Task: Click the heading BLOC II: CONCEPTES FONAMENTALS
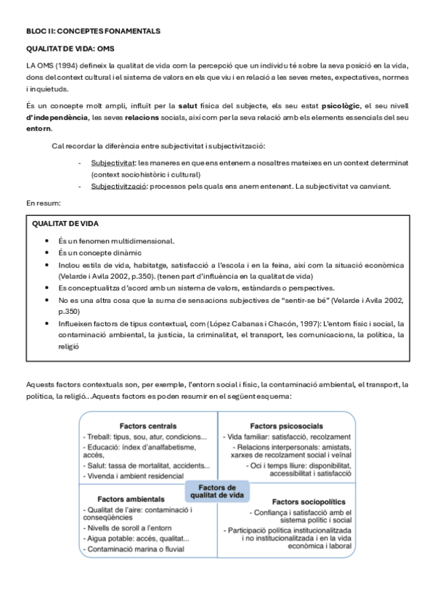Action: pyautogui.click(x=93, y=31)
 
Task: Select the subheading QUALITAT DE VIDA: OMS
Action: pyautogui.click(x=70, y=49)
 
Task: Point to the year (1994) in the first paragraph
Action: pyautogui.click(x=63, y=65)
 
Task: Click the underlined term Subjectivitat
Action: pyautogui.click(x=113, y=163)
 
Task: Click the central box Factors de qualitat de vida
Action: pyautogui.click(x=217, y=490)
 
